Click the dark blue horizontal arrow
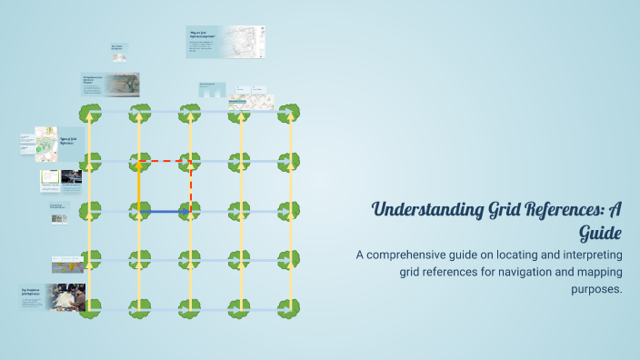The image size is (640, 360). pos(164,212)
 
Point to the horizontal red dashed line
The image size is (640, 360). pos(165,161)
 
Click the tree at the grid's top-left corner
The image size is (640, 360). pos(89,113)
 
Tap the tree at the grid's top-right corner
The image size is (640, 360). pos(289,113)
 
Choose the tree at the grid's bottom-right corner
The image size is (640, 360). pos(289,309)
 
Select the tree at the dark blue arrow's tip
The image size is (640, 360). pos(190,212)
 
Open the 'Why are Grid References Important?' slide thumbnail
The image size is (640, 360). pos(225,42)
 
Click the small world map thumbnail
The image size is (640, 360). pos(68,265)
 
